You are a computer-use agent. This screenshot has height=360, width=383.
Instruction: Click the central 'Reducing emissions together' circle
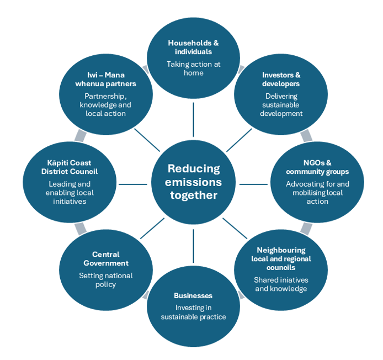[x=194, y=182]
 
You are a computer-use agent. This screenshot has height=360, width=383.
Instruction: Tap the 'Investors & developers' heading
[x=281, y=80]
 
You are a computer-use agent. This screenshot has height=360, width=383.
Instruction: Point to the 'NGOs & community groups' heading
[x=317, y=167]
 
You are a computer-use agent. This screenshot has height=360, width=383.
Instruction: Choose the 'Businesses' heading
[x=193, y=295]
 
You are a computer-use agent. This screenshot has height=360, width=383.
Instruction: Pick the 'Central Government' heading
[x=106, y=259]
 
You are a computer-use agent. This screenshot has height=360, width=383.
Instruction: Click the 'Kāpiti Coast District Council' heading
[x=70, y=167]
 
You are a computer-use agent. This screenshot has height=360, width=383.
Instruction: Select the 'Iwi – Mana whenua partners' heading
[x=106, y=80]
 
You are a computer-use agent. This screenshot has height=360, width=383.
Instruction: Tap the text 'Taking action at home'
[x=193, y=68]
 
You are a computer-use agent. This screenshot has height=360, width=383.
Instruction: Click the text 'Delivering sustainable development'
[x=281, y=105]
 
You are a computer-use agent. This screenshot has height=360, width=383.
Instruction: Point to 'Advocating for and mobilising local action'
[x=317, y=193]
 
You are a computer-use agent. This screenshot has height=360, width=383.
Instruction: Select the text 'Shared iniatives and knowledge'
[x=281, y=284]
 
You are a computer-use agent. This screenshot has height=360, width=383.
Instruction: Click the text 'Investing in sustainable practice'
[x=193, y=313]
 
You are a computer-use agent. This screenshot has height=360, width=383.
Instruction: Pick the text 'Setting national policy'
[x=106, y=280]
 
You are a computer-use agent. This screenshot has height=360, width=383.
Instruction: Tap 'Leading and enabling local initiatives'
[x=70, y=193]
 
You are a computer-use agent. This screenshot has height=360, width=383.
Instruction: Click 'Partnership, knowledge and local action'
[x=106, y=105]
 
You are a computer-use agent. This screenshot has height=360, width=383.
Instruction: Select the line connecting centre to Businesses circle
[x=193, y=246]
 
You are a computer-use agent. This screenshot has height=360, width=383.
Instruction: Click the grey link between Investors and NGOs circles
[x=306, y=135]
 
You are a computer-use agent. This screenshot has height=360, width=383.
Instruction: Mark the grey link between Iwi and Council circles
[x=81, y=135]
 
